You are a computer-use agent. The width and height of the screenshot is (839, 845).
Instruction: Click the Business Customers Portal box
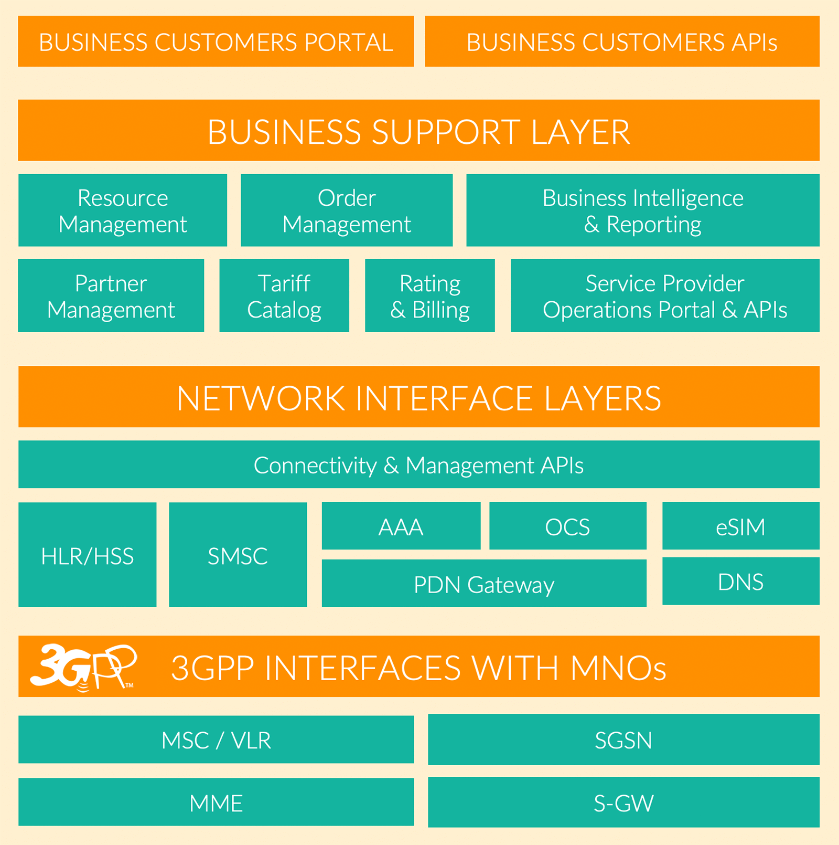216,41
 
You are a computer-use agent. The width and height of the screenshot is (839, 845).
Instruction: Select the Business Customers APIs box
622,41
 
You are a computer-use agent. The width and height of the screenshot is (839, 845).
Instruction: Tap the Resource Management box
123,210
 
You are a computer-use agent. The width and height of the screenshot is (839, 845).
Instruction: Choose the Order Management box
347,210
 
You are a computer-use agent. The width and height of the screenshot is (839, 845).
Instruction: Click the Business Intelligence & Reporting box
643,210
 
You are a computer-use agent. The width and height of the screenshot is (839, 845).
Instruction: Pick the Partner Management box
111,295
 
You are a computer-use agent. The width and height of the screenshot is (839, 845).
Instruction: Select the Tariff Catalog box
284,295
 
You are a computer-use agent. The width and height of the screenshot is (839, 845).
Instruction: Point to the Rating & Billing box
430,295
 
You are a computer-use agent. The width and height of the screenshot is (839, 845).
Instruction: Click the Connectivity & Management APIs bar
418,464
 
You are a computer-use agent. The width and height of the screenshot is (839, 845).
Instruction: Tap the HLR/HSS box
87,555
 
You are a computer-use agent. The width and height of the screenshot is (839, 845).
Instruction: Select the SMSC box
238,555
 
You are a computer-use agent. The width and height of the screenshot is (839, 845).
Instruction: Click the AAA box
401,526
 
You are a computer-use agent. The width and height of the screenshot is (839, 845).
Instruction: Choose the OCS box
568,526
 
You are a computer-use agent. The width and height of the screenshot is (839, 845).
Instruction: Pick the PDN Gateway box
484,584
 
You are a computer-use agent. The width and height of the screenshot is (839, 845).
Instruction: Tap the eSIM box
740,526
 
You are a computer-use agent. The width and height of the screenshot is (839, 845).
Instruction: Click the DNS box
740,582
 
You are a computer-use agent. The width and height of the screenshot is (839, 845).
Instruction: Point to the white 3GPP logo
83,667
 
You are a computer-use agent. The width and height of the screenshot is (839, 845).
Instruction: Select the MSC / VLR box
216,740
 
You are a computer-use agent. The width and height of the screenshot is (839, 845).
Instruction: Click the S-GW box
623,802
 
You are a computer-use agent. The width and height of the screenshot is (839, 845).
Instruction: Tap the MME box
216,802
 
